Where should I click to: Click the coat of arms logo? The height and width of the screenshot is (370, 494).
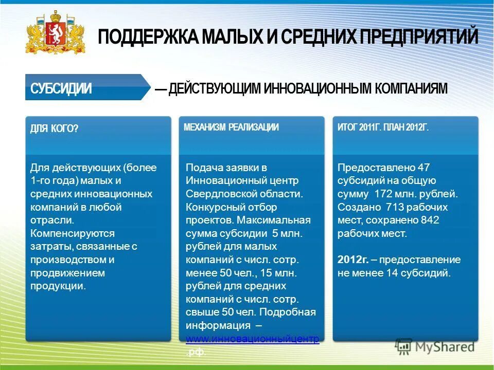click(x=55, y=33)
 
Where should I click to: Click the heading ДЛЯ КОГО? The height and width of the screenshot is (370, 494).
click(x=54, y=128)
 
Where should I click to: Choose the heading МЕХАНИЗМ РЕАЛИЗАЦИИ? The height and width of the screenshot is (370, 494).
click(x=231, y=127)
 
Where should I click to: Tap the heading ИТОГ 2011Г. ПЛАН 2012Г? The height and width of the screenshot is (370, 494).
click(x=383, y=127)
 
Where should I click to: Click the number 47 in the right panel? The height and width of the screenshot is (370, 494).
click(x=424, y=168)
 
